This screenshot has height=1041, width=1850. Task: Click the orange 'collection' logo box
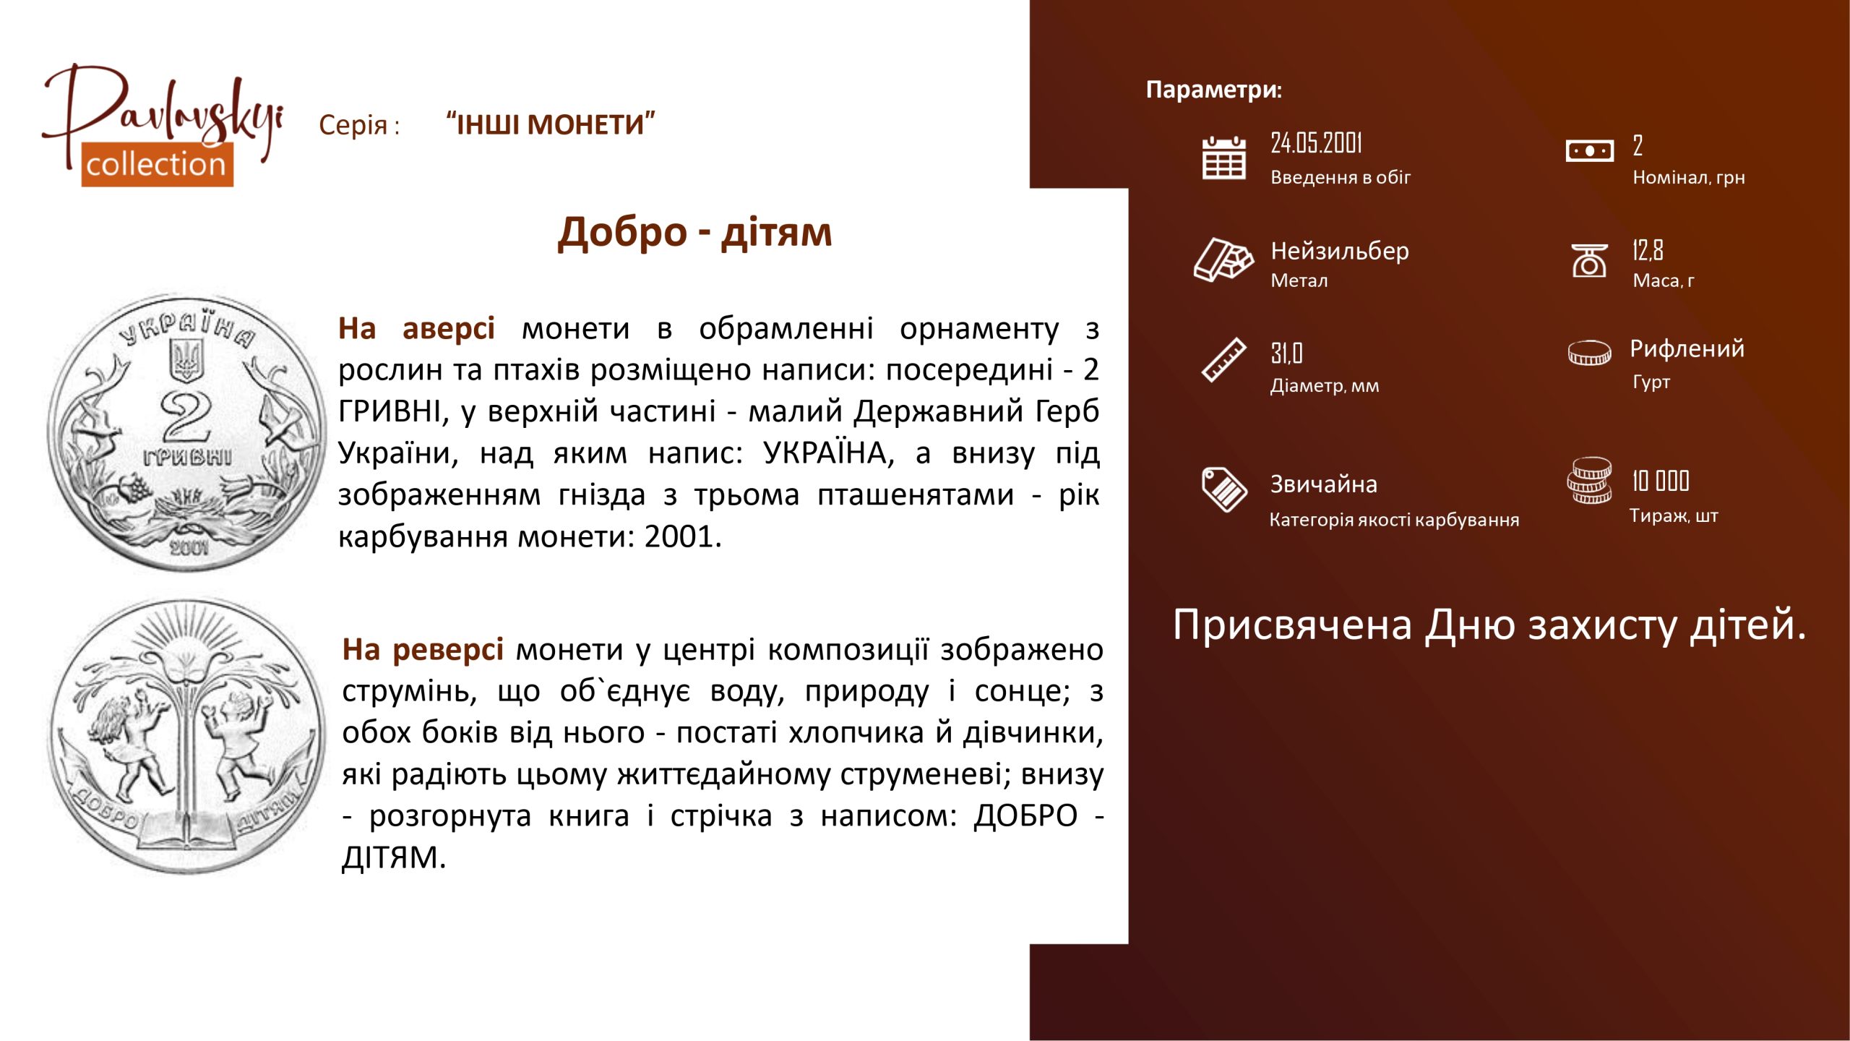pyautogui.click(x=157, y=165)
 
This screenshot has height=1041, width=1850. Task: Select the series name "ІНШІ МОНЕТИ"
pyautogui.click(x=551, y=124)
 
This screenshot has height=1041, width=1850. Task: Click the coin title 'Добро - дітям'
pyautogui.click(x=694, y=233)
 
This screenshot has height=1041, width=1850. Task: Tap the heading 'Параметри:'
pyautogui.click(x=1214, y=90)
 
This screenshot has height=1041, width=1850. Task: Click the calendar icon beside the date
pyautogui.click(x=1223, y=158)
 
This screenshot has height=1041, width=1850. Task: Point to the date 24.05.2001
pyautogui.click(x=1316, y=143)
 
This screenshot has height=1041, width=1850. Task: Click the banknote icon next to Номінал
pyautogui.click(x=1589, y=151)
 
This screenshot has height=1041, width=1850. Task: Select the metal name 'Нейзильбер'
pyautogui.click(x=1340, y=251)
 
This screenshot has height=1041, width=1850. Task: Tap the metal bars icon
pyautogui.click(x=1223, y=259)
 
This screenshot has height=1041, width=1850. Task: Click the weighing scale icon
pyautogui.click(x=1589, y=260)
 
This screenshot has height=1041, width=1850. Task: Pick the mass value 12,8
pyautogui.click(x=1648, y=250)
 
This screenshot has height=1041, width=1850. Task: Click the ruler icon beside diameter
pyautogui.click(x=1223, y=359)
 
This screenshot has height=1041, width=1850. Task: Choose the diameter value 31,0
pyautogui.click(x=1286, y=354)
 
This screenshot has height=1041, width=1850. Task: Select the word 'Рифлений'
pyautogui.click(x=1687, y=349)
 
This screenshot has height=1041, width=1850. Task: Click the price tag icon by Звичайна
pyautogui.click(x=1223, y=489)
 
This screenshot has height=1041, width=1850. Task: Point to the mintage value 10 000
pyautogui.click(x=1660, y=481)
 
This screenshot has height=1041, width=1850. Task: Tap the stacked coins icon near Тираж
pyautogui.click(x=1589, y=480)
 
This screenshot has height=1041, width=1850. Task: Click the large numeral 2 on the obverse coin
pyautogui.click(x=186, y=418)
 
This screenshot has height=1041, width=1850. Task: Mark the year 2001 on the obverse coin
pyautogui.click(x=189, y=548)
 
